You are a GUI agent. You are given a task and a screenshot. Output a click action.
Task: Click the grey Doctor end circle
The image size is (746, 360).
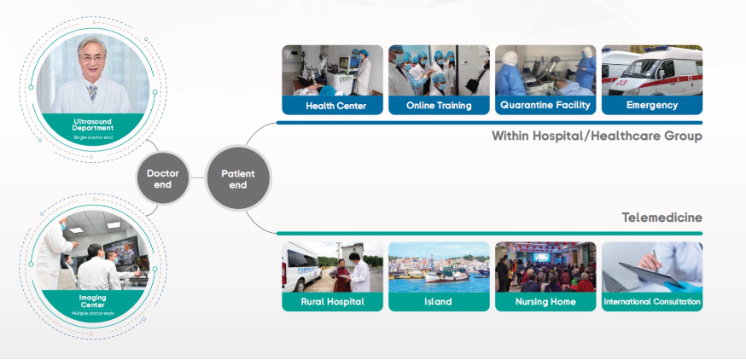pyautogui.click(x=163, y=178)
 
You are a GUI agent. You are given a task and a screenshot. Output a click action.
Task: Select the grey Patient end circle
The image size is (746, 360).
pyautogui.click(x=238, y=178)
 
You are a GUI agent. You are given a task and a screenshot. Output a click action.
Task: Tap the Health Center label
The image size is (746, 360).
pyautogui.click(x=332, y=106)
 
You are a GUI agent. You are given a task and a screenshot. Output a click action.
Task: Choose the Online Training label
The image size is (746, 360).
pyautogui.click(x=439, y=106)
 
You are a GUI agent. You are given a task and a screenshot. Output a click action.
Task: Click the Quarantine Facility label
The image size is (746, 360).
pyautogui.click(x=545, y=106)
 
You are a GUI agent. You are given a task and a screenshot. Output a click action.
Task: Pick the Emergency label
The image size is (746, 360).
pyautogui.click(x=652, y=106)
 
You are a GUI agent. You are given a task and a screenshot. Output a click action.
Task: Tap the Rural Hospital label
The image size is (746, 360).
pyautogui.click(x=332, y=302)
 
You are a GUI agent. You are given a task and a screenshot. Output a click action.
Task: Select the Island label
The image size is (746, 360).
pyautogui.click(x=439, y=302)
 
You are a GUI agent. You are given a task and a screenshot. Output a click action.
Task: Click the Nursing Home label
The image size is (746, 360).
pyautogui.click(x=545, y=302)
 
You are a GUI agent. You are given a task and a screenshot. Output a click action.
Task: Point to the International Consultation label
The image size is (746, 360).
pyautogui.click(x=652, y=302)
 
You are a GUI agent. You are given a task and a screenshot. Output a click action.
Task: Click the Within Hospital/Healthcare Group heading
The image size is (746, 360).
pyautogui.click(x=597, y=136)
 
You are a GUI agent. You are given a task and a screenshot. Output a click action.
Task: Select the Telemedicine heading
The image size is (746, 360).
pyautogui.click(x=661, y=219)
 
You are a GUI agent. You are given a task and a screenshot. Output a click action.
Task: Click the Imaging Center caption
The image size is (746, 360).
pyautogui.click(x=93, y=299)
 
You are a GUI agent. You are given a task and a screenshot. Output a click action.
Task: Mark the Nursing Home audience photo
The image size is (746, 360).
pyautogui.click(x=545, y=266)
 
